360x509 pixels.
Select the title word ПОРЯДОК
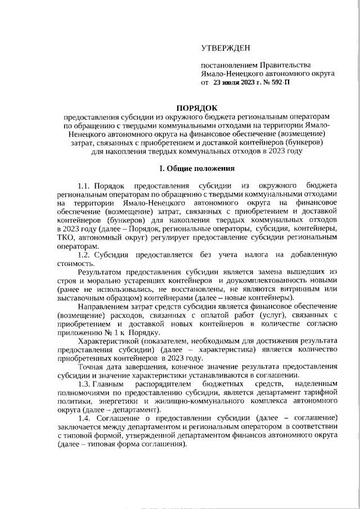196,107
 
